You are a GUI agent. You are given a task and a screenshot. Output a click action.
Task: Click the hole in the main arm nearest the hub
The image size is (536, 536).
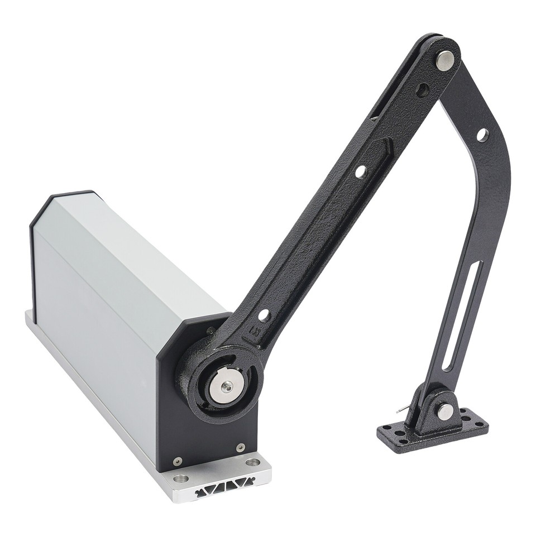pos(264,315)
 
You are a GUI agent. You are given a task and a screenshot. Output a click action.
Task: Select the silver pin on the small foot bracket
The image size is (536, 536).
pos(445,411)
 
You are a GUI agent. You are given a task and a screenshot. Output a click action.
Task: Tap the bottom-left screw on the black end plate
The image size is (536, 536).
pos(178,461)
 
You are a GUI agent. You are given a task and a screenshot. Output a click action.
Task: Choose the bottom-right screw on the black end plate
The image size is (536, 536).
pos(240,447)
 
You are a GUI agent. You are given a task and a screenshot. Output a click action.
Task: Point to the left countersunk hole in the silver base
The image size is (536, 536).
pos(181,478)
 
